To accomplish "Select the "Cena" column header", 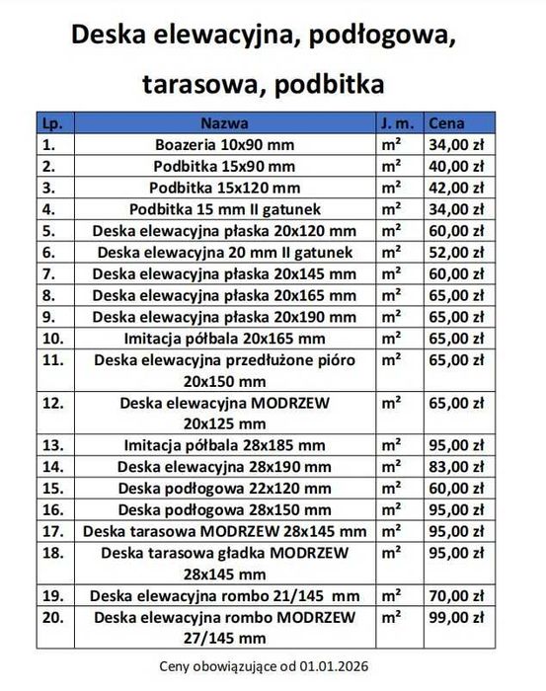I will tap(446, 124).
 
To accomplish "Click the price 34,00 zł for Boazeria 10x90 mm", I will tap(456, 145).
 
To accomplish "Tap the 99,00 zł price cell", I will tap(456, 617).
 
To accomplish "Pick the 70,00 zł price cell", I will tap(456, 595).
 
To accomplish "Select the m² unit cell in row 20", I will tap(392, 617).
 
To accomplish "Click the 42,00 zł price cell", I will tap(456, 188).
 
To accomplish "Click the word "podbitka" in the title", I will tap(331, 85).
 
